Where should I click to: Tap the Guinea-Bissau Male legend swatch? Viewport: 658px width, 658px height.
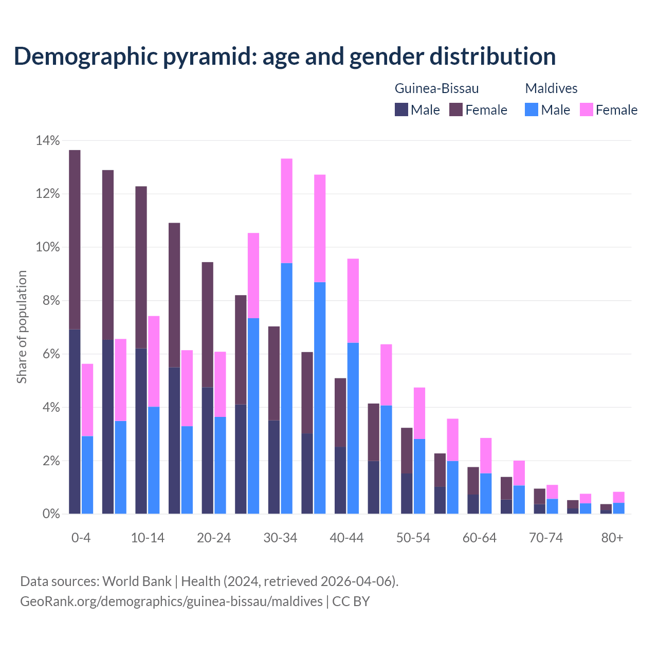click(401, 109)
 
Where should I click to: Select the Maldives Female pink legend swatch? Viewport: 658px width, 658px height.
click(586, 109)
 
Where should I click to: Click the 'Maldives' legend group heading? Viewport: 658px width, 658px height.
click(551, 88)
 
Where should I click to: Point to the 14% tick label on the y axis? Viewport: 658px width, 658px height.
click(47, 140)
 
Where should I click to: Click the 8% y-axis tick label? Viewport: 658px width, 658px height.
click(50, 301)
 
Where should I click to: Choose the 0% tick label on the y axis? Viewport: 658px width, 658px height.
click(50, 514)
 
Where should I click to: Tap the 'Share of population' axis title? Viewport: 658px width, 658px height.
click(22, 327)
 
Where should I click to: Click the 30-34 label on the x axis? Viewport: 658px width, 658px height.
click(280, 538)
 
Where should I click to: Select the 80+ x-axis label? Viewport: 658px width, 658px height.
click(612, 538)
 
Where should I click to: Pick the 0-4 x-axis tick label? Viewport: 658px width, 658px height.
click(81, 538)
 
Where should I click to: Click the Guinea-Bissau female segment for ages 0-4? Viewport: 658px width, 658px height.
click(75, 239)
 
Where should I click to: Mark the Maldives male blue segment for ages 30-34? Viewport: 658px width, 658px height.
click(286, 388)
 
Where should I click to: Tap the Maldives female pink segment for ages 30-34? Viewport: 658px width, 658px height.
click(286, 211)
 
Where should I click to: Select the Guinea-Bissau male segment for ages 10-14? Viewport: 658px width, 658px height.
click(141, 431)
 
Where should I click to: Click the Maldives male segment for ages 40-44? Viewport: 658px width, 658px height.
click(353, 428)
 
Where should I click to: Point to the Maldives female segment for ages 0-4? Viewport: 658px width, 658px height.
click(87, 400)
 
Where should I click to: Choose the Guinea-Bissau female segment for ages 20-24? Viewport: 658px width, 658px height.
click(207, 324)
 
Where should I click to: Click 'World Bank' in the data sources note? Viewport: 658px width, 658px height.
click(137, 581)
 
